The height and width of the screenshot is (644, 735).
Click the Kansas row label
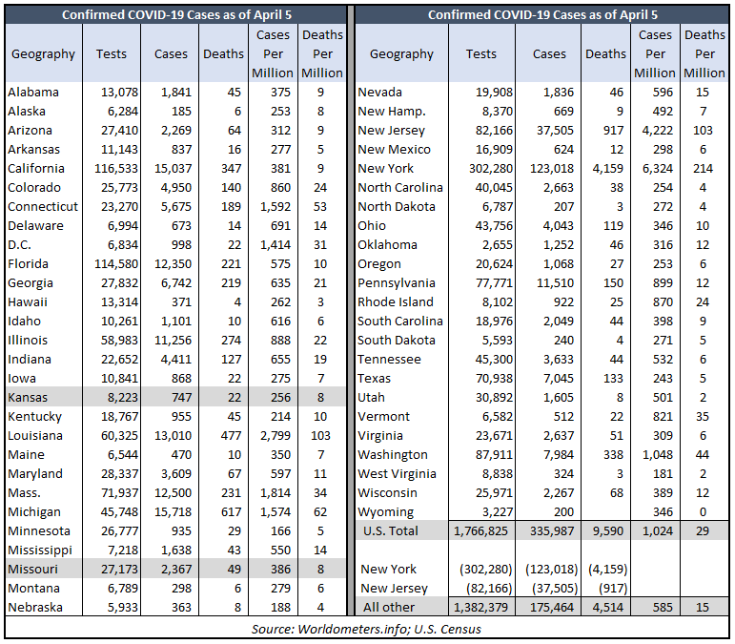click(x=28, y=397)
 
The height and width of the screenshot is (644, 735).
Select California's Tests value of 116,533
click(x=116, y=168)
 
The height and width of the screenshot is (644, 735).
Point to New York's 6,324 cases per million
click(x=658, y=168)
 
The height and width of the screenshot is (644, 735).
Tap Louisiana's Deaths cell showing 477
click(x=231, y=435)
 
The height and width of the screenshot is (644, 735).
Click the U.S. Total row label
click(x=391, y=531)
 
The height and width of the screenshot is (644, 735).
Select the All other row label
click(x=389, y=607)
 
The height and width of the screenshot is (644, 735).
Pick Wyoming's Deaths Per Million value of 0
click(x=703, y=511)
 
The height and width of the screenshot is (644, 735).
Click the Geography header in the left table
click(x=43, y=54)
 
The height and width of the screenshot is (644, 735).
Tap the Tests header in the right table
click(x=480, y=54)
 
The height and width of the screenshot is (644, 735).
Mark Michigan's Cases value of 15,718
click(x=173, y=511)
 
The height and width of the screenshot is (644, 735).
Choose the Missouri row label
click(x=32, y=569)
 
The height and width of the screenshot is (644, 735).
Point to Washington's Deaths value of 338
click(x=614, y=454)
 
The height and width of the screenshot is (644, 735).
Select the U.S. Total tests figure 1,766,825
click(x=480, y=531)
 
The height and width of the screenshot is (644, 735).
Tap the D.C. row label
click(x=20, y=245)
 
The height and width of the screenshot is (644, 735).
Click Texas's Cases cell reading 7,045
click(x=559, y=378)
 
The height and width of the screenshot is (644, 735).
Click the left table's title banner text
click(x=176, y=15)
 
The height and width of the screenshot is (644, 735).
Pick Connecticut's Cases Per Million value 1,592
click(x=276, y=206)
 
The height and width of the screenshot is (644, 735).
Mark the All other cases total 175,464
click(x=552, y=607)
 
